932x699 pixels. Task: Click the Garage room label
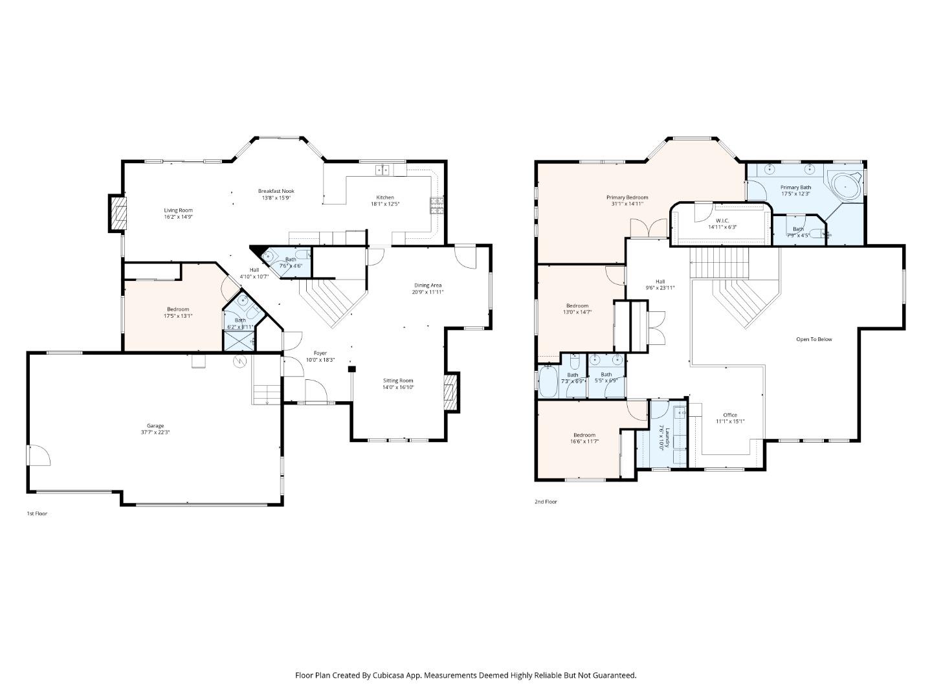point(155,426)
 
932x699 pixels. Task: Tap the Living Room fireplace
point(117,213)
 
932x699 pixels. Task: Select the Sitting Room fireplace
point(450,392)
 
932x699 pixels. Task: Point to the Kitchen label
point(385,197)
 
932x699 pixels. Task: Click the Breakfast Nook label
point(276,191)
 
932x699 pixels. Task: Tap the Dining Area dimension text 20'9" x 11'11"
point(428,292)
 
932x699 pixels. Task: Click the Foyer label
point(320,353)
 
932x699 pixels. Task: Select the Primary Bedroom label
point(627,197)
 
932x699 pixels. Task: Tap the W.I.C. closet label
point(722,220)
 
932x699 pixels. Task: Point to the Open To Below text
point(814,339)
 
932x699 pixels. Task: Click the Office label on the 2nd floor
point(730,415)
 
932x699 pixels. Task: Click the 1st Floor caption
point(37,513)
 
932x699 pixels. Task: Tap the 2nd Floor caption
point(546,502)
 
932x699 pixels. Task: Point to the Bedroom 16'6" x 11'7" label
point(584,435)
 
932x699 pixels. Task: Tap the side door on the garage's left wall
point(38,455)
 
